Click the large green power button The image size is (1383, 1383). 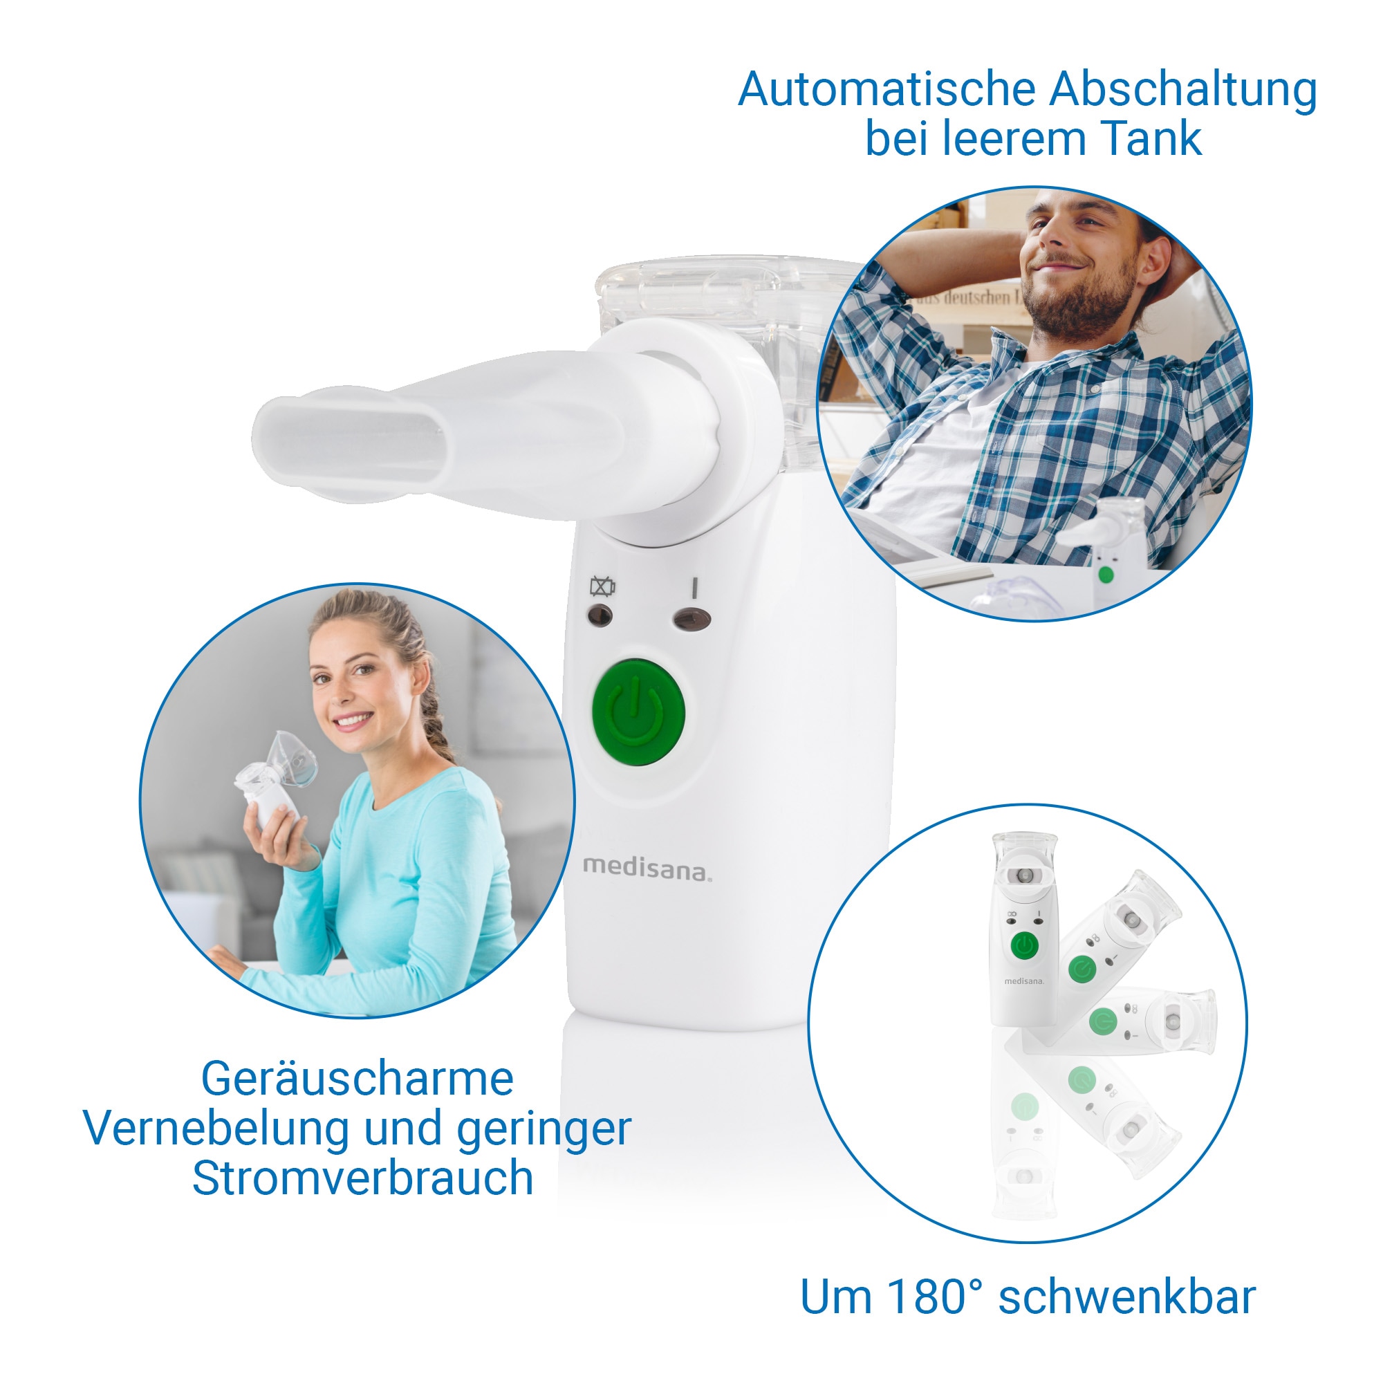tap(638, 712)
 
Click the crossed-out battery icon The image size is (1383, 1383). tap(602, 587)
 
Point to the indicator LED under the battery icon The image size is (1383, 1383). tap(600, 615)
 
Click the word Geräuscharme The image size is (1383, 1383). tap(358, 1079)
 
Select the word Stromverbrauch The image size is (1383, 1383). tap(363, 1179)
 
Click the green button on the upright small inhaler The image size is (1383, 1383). tap(1024, 947)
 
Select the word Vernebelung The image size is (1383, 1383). tap(219, 1130)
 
